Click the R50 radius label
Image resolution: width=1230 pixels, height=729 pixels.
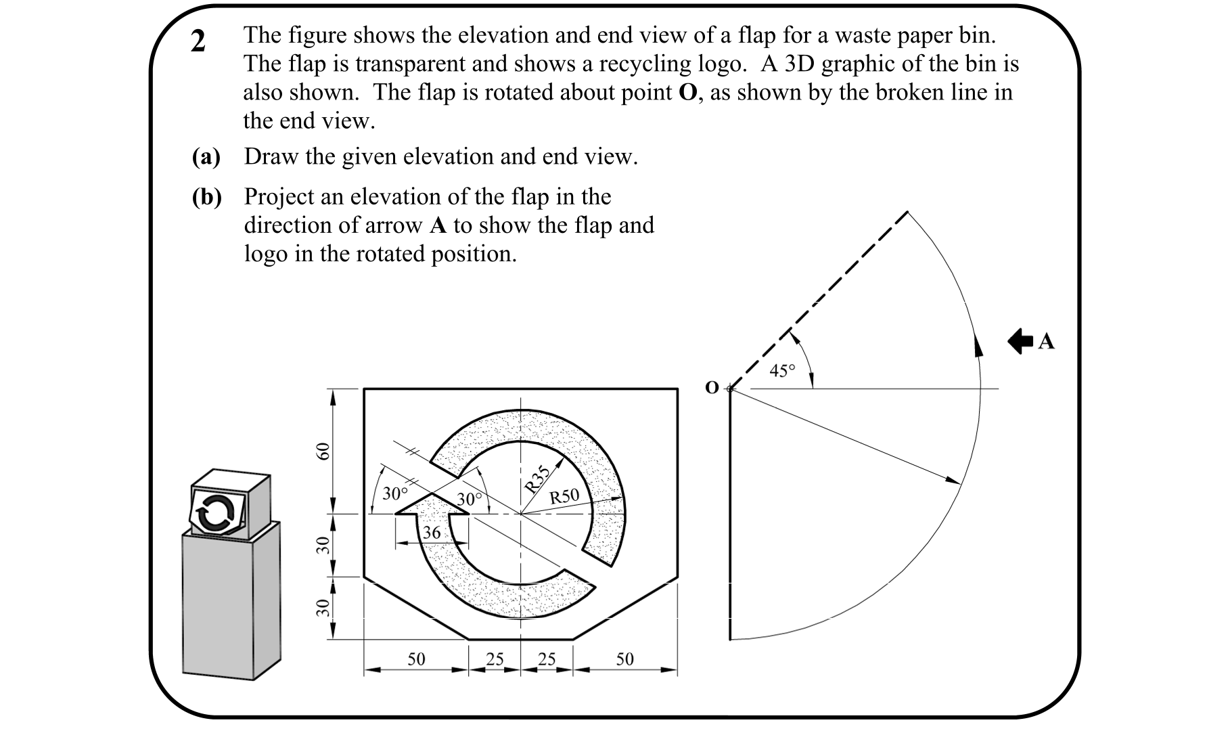click(x=564, y=496)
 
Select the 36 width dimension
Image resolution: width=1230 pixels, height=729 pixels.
click(x=432, y=533)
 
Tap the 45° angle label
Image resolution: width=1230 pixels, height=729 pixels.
click(x=782, y=371)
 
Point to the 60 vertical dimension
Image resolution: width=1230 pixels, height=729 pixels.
click(x=323, y=451)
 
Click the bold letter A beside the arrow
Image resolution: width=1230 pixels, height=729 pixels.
click(x=1046, y=342)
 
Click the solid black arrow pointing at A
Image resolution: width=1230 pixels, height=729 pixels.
click(x=1021, y=341)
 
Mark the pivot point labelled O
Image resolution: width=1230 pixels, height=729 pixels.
click(x=730, y=389)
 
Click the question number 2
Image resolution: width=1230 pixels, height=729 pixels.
click(x=198, y=42)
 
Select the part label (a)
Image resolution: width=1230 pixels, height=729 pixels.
click(x=206, y=157)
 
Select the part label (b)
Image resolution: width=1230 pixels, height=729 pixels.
click(x=206, y=197)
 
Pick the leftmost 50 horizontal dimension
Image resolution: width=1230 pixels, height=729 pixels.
click(x=416, y=659)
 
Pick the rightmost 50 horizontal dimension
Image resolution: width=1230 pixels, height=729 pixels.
click(x=624, y=659)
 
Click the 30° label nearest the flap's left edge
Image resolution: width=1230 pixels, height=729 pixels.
click(x=394, y=493)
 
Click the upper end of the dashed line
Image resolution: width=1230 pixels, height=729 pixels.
click(x=907, y=213)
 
